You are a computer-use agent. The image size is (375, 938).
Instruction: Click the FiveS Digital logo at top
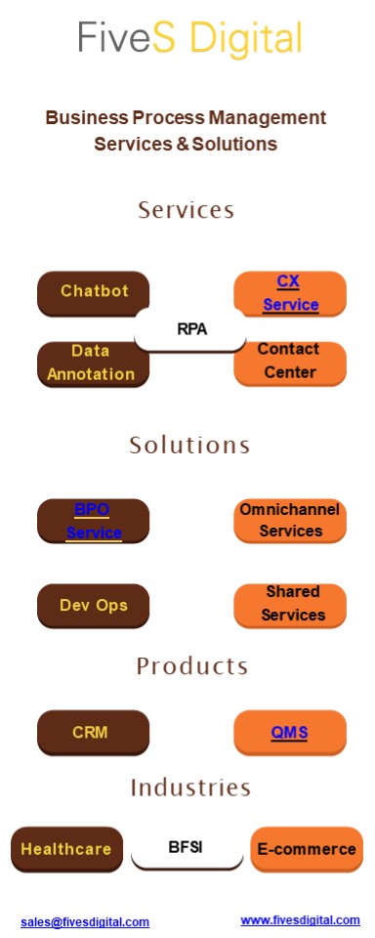click(189, 39)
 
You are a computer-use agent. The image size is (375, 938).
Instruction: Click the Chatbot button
click(94, 291)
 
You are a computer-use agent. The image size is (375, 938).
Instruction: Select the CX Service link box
click(290, 293)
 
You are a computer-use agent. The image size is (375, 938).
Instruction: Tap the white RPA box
click(191, 329)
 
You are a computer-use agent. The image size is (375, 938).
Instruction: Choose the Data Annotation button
click(92, 362)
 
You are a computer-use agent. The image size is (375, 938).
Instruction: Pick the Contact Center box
click(290, 362)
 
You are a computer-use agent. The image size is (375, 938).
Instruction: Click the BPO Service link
click(93, 521)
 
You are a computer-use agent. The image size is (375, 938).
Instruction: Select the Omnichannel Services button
click(290, 521)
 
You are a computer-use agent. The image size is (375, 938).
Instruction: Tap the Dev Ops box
click(94, 605)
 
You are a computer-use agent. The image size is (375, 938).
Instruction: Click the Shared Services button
click(291, 605)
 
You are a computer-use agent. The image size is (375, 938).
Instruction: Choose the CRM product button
click(92, 732)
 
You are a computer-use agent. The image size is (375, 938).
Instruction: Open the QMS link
click(290, 733)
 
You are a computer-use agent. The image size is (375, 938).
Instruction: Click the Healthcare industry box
click(67, 849)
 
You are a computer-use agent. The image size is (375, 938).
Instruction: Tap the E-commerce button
click(307, 849)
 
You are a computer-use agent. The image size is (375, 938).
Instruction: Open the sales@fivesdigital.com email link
click(85, 921)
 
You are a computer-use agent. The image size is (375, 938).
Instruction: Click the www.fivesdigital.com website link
click(300, 919)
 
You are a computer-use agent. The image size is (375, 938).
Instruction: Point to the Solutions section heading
click(189, 446)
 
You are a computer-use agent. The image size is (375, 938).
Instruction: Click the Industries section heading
click(190, 788)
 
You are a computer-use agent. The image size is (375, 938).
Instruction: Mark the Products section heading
click(191, 666)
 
